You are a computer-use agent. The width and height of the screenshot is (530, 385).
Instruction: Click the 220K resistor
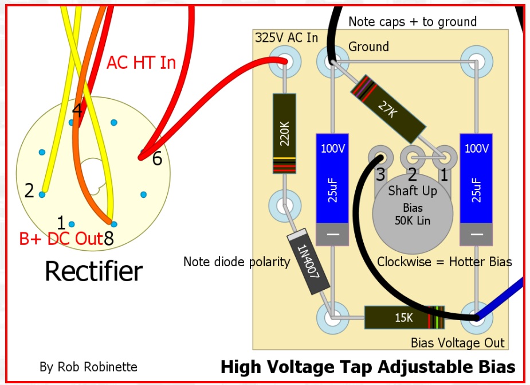click(284, 134)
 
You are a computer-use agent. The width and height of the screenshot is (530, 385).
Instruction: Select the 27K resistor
click(388, 109)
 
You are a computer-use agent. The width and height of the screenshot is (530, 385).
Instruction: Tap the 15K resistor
click(405, 317)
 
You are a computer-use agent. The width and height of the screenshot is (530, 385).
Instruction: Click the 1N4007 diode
click(308, 262)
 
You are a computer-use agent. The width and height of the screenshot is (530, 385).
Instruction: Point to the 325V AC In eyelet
click(285, 61)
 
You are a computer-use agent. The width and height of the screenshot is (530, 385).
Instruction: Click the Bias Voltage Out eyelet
click(476, 318)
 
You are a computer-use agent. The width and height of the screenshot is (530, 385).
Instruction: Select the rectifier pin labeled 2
click(42, 195)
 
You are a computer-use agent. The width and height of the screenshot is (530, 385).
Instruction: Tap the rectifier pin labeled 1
click(72, 224)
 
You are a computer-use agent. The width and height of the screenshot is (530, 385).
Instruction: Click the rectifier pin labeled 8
click(114, 224)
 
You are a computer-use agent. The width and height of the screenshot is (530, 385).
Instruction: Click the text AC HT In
click(142, 63)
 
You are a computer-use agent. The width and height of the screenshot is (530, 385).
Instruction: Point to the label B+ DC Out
click(61, 239)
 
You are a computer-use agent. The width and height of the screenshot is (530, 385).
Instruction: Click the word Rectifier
click(93, 271)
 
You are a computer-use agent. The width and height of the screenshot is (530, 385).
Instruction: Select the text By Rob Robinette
click(88, 367)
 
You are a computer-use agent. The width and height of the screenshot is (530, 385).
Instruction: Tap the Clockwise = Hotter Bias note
click(444, 262)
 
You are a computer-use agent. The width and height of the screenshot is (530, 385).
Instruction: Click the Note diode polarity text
click(237, 262)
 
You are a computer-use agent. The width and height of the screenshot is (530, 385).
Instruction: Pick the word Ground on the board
click(368, 46)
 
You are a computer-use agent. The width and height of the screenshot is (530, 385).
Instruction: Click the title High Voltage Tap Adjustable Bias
click(368, 367)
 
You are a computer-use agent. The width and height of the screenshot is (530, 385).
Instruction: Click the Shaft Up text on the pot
click(413, 191)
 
